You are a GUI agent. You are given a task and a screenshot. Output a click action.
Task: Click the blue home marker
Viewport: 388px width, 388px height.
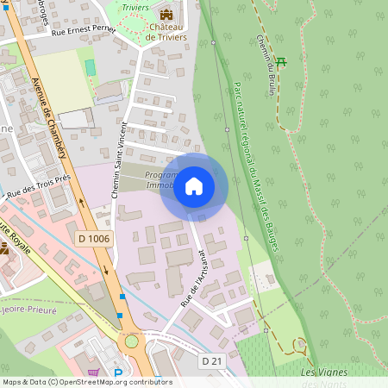194,186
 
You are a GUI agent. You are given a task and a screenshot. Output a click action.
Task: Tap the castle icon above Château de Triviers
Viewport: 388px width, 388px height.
166,15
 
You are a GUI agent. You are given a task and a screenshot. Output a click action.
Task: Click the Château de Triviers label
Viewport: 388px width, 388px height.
166,32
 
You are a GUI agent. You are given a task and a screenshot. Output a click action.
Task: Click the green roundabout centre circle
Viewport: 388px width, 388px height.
131,341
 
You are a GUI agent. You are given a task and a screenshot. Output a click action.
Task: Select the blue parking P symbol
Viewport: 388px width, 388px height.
118,374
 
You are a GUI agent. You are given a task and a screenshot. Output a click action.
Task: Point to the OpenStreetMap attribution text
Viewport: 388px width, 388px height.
86,382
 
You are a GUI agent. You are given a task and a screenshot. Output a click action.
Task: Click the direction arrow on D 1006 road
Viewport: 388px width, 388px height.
107,268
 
